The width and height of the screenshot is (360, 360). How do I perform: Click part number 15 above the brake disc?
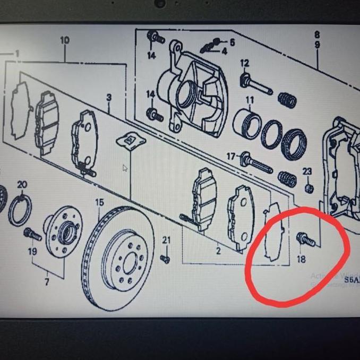point(99,202)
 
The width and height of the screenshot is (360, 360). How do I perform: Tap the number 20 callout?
point(22,185)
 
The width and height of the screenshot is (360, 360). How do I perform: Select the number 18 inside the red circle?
point(302,259)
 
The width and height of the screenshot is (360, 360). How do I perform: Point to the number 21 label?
point(167,241)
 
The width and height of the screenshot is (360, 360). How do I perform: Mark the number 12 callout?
point(244,64)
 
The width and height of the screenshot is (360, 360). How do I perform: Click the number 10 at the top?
point(65,40)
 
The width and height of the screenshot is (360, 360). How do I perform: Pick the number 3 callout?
point(109,98)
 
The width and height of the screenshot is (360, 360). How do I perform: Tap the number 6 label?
point(232,41)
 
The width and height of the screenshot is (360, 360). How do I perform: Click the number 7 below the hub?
point(47,282)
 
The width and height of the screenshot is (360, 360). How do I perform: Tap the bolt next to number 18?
point(306,240)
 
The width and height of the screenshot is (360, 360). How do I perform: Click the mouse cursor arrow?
point(125,169)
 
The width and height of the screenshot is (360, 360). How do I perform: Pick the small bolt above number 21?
point(165,259)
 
